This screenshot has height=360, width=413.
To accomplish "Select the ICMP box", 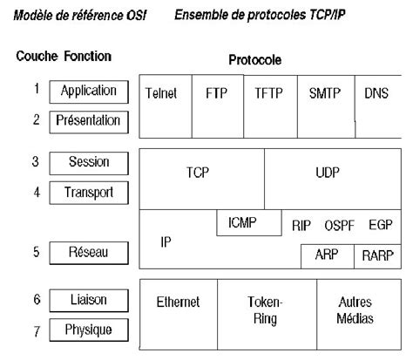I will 248,222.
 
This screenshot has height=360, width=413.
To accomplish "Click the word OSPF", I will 340,224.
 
